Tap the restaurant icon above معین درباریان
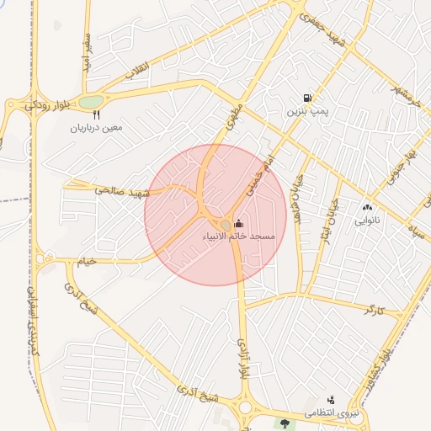coord(97,115)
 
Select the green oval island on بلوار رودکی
coord(90,103)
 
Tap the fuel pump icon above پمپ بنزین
coord(306,98)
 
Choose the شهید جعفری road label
coord(326,28)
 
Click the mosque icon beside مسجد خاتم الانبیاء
coord(239,223)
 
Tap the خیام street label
coord(88,261)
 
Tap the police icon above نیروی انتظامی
coord(331,401)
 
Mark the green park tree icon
coord(285,423)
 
